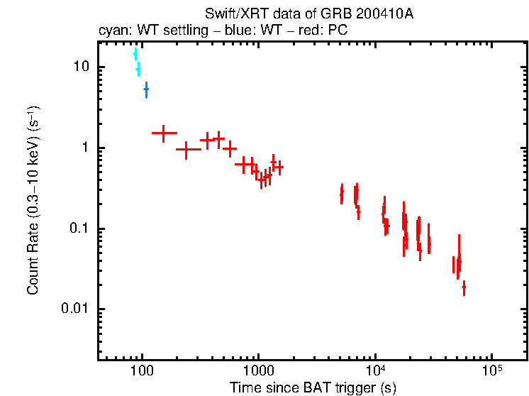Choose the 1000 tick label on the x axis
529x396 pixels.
tap(258, 371)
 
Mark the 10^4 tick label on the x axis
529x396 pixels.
tap(374, 370)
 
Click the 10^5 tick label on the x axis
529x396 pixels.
tap(491, 370)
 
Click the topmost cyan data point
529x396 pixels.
tap(135, 54)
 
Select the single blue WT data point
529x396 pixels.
tap(146, 89)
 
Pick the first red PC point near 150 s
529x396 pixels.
tap(164, 133)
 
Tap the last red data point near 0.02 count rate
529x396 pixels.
tap(464, 287)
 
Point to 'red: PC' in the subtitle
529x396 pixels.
tap(325, 31)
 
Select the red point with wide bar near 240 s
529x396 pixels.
tap(187, 150)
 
